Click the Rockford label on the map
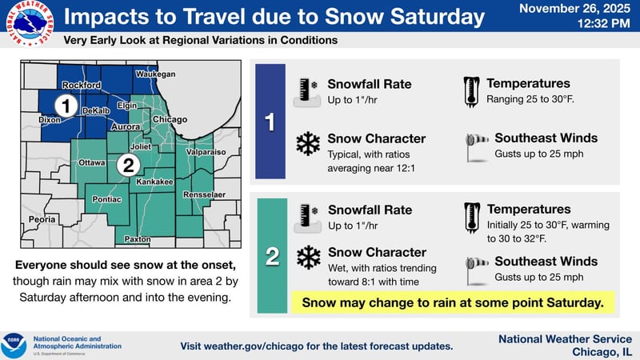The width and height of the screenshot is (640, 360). (x=82, y=85)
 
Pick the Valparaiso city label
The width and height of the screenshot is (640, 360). (x=206, y=151)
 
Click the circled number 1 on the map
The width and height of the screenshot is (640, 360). (x=68, y=105)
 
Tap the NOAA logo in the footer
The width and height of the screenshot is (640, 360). (x=14, y=346)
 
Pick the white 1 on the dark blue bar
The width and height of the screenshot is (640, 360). (x=270, y=122)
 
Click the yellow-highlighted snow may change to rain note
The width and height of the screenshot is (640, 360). (x=452, y=302)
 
